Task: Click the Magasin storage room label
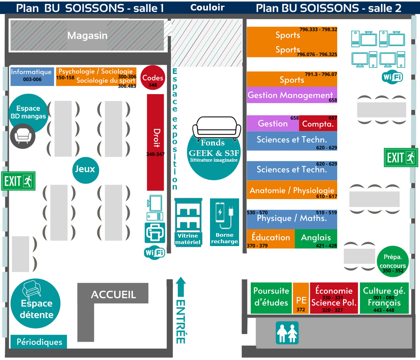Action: tap(87, 36)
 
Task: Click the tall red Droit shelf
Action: tap(155, 142)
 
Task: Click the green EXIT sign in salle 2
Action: tap(401, 158)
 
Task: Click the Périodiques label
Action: tap(39, 342)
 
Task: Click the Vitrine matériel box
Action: tap(187, 222)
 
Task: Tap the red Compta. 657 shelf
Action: tap(318, 124)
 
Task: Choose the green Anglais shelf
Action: tap(316, 238)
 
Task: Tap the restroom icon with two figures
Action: tap(287, 333)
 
